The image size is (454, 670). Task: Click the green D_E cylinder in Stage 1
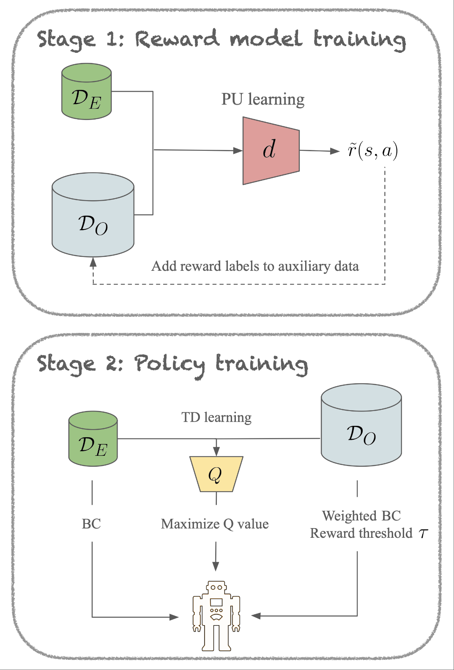[86, 92]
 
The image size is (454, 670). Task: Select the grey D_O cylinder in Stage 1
[93, 215]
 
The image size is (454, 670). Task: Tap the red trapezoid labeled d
[271, 150]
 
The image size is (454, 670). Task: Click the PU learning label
[263, 99]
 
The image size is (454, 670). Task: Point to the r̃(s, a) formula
[372, 151]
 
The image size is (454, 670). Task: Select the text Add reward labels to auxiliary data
[255, 266]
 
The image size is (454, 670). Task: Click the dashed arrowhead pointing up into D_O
[93, 262]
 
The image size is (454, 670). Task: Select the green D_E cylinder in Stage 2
[93, 439]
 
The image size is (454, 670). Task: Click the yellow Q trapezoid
[216, 474]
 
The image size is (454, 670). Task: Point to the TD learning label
[216, 417]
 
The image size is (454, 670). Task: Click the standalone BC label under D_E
[91, 524]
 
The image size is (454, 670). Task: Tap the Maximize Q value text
[215, 524]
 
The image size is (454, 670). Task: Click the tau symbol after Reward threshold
[424, 534]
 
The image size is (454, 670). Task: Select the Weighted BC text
[361, 516]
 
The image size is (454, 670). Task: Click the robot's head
[216, 588]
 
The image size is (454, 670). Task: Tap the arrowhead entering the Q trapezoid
[216, 452]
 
